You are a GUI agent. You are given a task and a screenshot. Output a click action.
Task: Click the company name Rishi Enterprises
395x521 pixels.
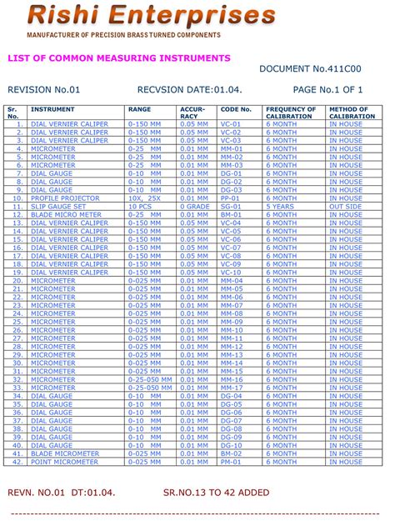151,15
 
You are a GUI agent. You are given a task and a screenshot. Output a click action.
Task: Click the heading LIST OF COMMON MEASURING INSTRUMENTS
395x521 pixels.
118,58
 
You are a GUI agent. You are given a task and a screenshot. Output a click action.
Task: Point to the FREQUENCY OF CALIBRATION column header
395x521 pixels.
291,113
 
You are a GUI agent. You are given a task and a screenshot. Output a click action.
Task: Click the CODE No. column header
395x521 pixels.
235,109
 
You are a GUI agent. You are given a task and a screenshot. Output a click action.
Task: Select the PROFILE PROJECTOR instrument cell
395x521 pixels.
64,198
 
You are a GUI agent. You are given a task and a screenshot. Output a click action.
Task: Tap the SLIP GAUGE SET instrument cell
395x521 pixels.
59,206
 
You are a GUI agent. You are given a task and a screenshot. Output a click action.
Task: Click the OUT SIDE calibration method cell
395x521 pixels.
345,206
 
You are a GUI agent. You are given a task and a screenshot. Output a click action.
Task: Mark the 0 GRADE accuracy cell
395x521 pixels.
195,206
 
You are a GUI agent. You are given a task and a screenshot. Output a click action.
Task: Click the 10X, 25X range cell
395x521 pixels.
145,198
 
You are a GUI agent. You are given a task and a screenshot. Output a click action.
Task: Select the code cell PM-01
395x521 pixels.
231,462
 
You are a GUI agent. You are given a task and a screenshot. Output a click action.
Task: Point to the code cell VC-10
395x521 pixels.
231,273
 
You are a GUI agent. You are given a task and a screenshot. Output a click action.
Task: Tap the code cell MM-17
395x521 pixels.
232,388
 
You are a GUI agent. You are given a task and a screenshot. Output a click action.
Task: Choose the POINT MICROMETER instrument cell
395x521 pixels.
64,462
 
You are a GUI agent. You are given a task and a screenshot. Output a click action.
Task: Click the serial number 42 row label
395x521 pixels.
17,462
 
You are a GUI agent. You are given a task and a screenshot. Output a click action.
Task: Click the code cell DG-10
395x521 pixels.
231,445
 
